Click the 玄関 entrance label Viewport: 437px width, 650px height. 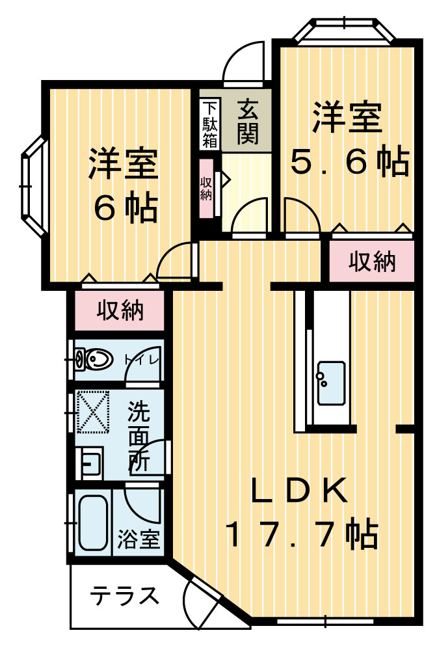tap(248, 122)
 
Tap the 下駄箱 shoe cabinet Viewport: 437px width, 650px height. tap(209, 124)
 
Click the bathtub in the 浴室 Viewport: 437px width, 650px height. tap(92, 522)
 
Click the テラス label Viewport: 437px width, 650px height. tap(124, 595)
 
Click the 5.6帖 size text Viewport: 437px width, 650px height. tap(349, 163)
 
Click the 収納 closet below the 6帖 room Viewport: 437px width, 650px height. tap(120, 311)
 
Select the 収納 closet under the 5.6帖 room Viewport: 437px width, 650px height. tap(372, 262)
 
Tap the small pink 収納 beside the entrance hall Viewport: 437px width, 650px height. tap(206, 189)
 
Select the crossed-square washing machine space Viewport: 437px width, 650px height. tap(92, 409)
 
